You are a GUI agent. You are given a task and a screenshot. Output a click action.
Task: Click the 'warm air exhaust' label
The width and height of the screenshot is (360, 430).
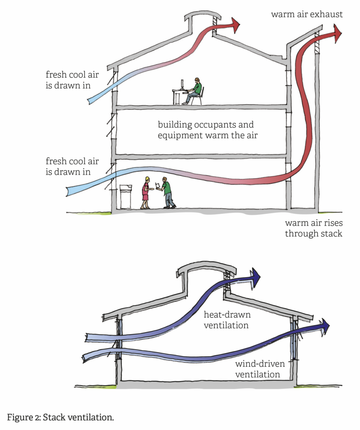[307, 14]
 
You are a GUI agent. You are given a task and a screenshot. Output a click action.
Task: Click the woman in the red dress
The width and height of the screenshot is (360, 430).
[145, 193]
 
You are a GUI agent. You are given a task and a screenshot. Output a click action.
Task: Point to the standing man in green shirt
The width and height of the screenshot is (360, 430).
[167, 193]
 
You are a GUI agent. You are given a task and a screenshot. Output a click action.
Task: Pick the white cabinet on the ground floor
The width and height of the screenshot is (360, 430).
[126, 196]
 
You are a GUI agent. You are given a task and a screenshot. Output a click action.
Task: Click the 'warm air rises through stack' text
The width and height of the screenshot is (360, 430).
[313, 228]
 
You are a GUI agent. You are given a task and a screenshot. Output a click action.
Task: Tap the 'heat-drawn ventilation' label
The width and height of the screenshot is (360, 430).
[226, 320]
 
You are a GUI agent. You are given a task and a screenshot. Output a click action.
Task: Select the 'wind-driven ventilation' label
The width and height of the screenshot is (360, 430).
[258, 369]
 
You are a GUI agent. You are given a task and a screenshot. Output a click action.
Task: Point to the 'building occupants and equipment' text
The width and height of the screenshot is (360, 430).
[206, 130]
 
